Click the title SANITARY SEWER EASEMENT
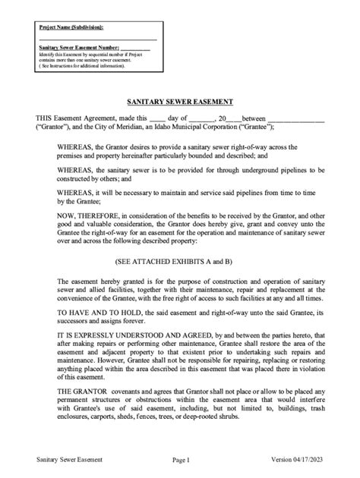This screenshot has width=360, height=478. point(179,102)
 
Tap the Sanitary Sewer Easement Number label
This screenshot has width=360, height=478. point(84,48)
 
